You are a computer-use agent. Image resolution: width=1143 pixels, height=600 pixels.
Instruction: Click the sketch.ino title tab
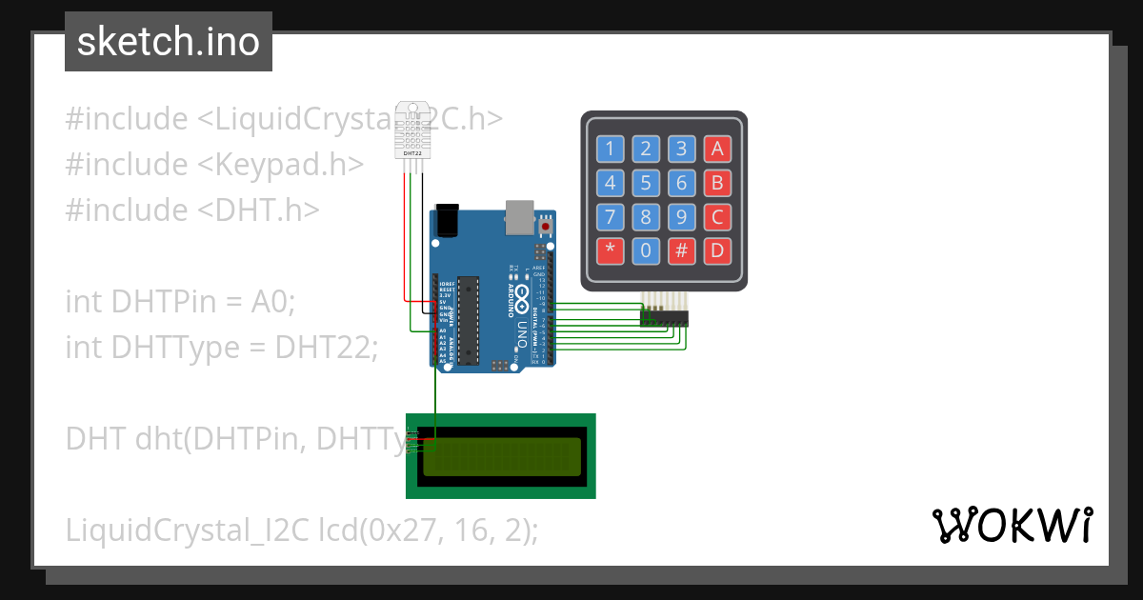click(169, 42)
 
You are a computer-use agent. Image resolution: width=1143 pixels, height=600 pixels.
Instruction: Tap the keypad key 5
click(646, 183)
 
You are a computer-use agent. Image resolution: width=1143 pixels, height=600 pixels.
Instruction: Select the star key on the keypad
click(611, 251)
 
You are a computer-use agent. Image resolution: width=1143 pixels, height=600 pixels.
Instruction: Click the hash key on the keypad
click(681, 251)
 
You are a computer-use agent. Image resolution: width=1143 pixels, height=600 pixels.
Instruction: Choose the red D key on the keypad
click(716, 251)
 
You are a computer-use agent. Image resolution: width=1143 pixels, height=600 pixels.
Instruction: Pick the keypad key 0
click(646, 251)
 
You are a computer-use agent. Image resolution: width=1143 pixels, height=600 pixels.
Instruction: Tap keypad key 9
click(681, 217)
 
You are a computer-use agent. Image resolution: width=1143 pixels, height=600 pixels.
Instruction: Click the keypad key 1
click(611, 149)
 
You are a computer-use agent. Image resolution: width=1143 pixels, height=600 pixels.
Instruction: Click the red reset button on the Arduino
click(545, 228)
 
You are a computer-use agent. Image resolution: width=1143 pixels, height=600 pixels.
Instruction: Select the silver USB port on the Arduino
click(519, 216)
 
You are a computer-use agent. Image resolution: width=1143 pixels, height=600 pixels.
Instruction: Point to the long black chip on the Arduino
click(466, 320)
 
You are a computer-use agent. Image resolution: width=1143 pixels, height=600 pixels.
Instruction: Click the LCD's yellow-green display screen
click(501, 456)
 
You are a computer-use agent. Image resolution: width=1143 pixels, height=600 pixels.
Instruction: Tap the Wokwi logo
click(1012, 525)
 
